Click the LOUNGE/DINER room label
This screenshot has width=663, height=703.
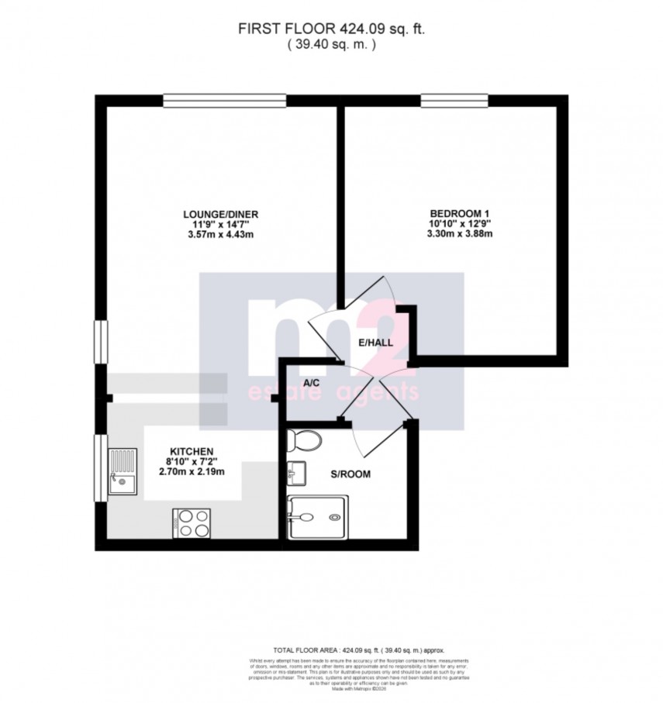coord(221,215)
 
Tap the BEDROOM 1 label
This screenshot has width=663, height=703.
coord(461,215)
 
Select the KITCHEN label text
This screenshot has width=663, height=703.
coord(192,451)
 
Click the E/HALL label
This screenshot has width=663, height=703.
coord(375,343)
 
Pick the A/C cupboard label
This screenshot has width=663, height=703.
coord(313,383)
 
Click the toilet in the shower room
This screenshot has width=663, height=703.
coord(303,441)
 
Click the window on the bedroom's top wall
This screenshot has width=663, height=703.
coord(454,100)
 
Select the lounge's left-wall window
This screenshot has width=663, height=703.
coord(100,341)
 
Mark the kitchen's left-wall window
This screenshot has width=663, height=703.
coord(100,470)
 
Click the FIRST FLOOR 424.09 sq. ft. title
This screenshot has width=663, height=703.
coord(331,29)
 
